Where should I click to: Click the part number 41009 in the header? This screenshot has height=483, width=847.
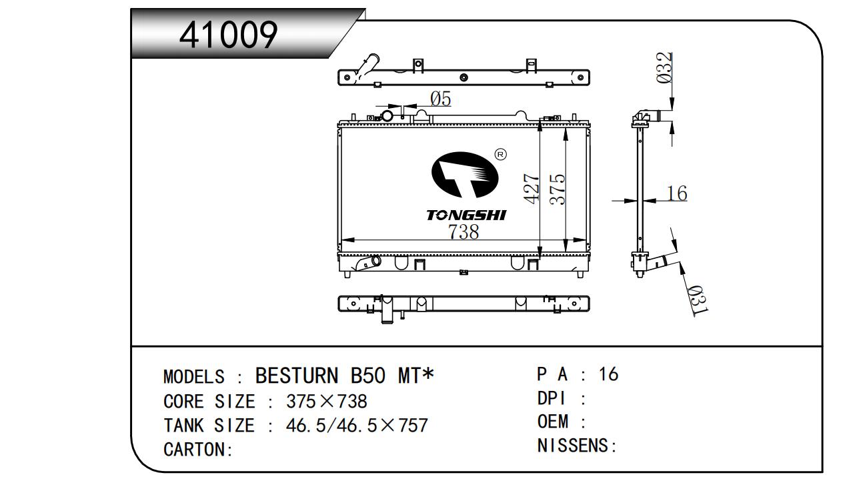pos(228,35)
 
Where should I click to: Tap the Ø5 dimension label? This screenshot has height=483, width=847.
pos(441,99)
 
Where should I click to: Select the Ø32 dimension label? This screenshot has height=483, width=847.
pos(664,67)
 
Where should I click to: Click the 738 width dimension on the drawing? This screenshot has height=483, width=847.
pos(464,231)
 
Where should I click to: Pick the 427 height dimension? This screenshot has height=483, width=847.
pos(531,189)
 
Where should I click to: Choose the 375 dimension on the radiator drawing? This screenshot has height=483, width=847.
pos(557,189)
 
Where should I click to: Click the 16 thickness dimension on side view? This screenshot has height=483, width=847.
pos(677,193)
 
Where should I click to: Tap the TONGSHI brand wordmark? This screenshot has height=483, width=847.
pos(466,215)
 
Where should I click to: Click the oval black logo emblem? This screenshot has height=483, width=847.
pos(465,175)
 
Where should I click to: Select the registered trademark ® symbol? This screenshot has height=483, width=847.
pos(501,154)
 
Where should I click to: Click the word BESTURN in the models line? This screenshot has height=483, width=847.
pos(297,376)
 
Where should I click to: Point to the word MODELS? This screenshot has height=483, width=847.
pos(194,377)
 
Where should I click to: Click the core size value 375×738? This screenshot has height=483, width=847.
pos(327,402)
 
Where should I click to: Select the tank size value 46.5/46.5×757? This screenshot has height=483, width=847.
pos(357,426)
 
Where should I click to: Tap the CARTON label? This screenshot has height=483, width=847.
pos(198,450)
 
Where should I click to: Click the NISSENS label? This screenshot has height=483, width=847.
pos(577,446)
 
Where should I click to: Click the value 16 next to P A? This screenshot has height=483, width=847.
pos(608,374)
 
